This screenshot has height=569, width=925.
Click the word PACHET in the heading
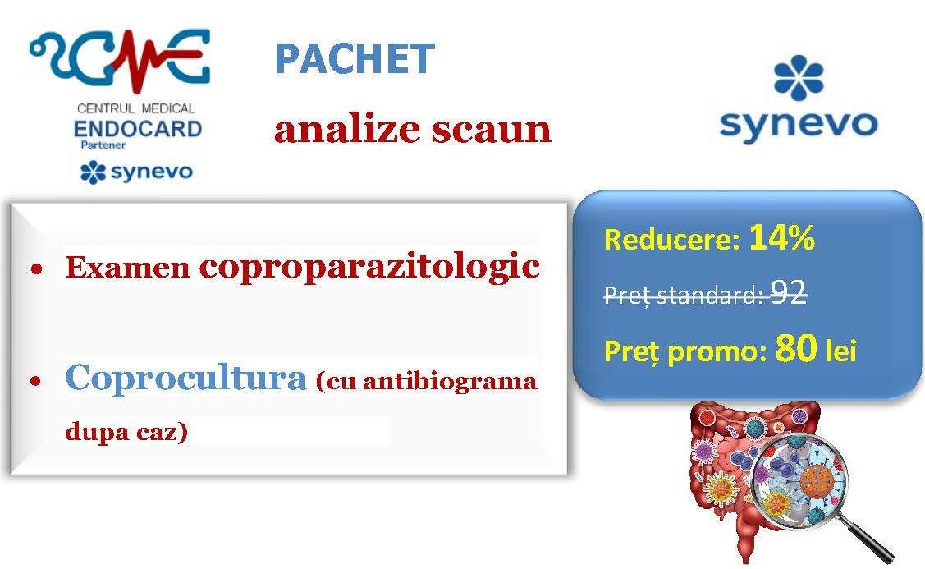point(355,58)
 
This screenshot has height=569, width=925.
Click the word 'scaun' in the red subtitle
point(491,129)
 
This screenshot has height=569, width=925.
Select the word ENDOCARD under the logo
point(137,129)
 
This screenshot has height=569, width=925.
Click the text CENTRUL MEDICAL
point(136,108)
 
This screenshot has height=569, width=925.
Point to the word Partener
point(103,145)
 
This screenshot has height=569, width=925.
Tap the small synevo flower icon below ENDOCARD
point(93,172)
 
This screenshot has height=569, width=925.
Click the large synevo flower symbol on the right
point(799,77)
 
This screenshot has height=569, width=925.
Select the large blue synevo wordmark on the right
point(799,125)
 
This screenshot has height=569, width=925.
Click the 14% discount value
point(782,237)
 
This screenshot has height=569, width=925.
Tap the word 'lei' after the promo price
point(840,351)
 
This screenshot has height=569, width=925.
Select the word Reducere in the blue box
point(671,240)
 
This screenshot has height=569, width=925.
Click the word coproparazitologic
point(369,267)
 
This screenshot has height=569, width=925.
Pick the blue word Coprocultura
point(185,377)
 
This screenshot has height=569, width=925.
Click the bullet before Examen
point(37,270)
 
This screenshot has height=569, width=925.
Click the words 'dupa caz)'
point(126,432)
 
